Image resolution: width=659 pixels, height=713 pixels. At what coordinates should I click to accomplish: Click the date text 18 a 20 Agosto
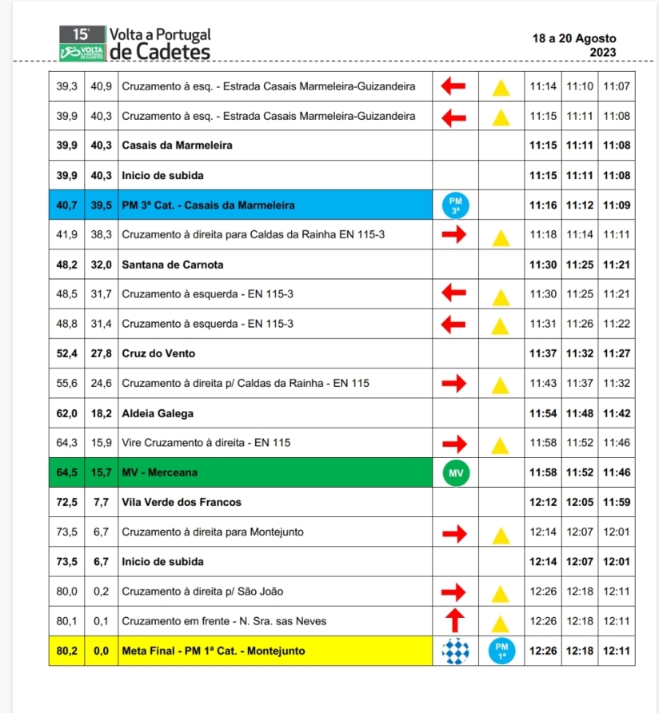(574, 38)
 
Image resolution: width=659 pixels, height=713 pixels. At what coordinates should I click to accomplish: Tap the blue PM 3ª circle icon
(455, 205)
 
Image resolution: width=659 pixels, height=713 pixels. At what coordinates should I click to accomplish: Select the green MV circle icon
(455, 473)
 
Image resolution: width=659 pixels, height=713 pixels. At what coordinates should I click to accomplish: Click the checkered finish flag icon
(455, 651)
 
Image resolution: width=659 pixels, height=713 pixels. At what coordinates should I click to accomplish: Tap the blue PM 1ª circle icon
(501, 651)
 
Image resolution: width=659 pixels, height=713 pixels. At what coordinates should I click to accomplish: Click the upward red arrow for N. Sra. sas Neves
(454, 621)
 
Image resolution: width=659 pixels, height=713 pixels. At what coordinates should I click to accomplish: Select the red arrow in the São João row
(454, 592)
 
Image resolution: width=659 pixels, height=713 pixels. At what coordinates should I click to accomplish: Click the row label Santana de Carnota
(173, 265)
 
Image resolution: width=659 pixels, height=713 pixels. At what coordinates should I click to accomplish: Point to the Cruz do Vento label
(158, 353)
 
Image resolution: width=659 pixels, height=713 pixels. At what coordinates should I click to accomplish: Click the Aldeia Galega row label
(158, 414)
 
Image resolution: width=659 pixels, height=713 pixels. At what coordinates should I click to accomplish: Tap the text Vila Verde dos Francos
(182, 502)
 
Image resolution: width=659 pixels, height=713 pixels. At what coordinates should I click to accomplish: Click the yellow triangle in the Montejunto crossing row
(501, 533)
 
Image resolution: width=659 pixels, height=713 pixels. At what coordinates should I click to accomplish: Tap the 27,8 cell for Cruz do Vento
(101, 353)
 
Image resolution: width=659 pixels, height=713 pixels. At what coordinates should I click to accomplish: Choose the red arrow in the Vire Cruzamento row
(454, 443)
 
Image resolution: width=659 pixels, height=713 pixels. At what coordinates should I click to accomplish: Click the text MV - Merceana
(159, 473)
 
